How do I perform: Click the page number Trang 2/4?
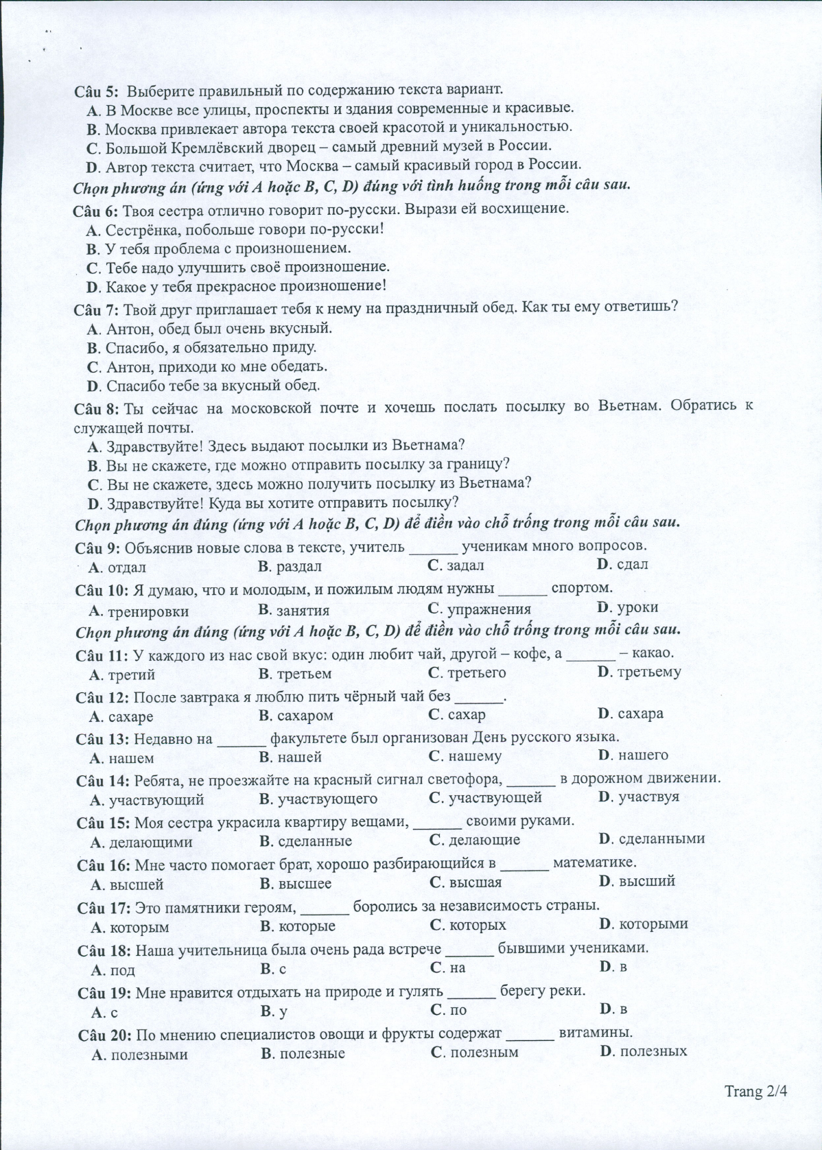pos(754,1092)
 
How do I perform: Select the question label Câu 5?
pos(96,90)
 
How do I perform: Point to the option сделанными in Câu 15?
pos(661,838)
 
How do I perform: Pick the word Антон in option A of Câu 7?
pos(128,329)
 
